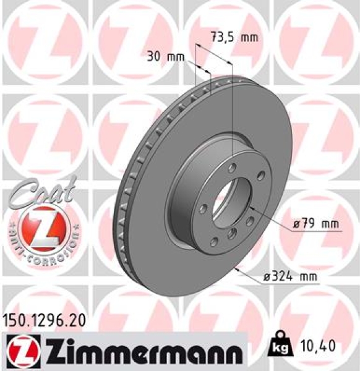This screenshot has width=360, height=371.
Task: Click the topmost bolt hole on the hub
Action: (x=231, y=168)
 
